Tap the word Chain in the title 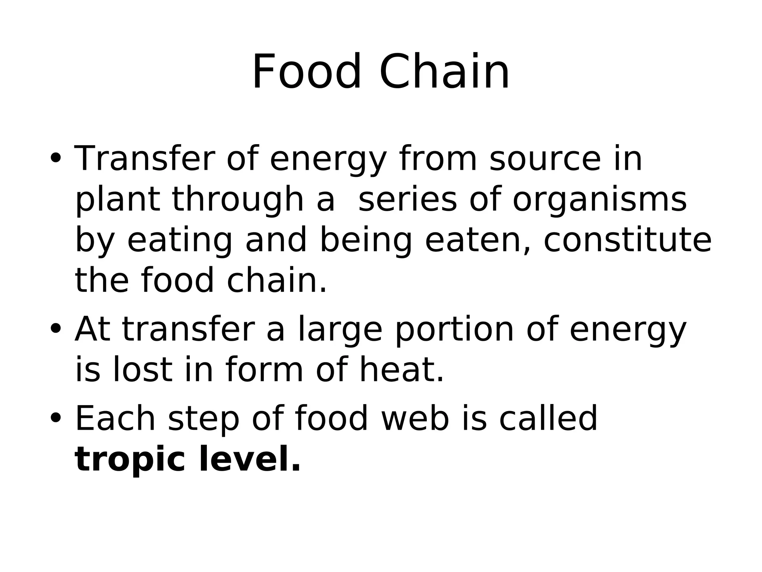444,72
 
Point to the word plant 118,200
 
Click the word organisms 599,200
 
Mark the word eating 180,241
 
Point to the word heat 401,370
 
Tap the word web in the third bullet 415,419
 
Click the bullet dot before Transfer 55,158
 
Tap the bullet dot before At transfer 55,328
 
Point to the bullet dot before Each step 55,417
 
